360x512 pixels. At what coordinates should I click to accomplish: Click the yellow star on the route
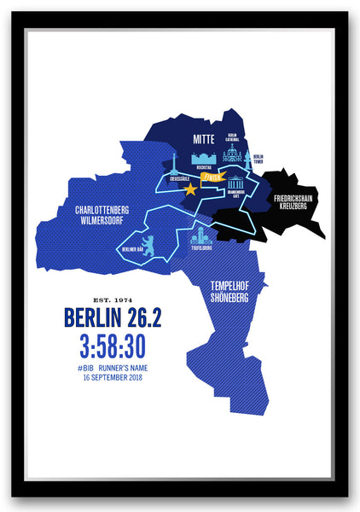(189, 189)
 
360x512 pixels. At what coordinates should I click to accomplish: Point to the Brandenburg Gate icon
(235, 182)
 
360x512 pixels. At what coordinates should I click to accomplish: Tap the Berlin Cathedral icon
(232, 154)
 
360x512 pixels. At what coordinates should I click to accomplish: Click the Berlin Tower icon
(247, 158)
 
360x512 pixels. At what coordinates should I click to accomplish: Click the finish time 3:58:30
(113, 346)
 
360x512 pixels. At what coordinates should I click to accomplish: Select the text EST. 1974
(113, 300)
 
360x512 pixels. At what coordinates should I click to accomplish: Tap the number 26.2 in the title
(140, 318)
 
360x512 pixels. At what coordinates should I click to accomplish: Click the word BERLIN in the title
(89, 318)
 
